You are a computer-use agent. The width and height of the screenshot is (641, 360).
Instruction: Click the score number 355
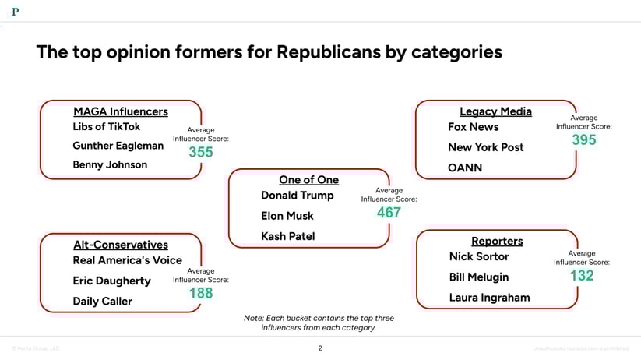point(200,152)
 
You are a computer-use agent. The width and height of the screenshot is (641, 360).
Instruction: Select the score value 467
point(389,212)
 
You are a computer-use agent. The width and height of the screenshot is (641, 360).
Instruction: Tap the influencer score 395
point(583,139)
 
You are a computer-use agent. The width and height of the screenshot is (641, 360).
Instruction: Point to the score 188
point(200,293)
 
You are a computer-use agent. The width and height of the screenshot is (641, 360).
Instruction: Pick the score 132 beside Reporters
point(581,275)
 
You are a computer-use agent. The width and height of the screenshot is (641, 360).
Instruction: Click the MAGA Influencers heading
point(120,111)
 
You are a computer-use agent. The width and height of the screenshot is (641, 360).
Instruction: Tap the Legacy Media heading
point(495,111)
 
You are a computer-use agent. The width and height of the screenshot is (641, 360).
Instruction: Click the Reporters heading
point(497,241)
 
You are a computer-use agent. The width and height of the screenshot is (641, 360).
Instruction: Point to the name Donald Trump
point(297,196)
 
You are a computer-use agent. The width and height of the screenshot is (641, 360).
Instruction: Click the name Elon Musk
point(287,216)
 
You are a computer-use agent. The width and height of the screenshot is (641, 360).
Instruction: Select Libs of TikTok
point(107,126)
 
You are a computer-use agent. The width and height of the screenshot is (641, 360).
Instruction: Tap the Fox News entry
point(473,127)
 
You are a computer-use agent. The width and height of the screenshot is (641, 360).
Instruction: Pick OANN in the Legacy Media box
point(465,168)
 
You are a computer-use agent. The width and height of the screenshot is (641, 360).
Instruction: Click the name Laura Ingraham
point(489,297)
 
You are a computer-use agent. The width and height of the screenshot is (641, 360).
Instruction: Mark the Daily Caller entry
point(102,302)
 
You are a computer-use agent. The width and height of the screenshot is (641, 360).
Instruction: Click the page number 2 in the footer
point(320,348)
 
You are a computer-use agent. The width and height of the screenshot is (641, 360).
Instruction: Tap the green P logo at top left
point(16,11)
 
